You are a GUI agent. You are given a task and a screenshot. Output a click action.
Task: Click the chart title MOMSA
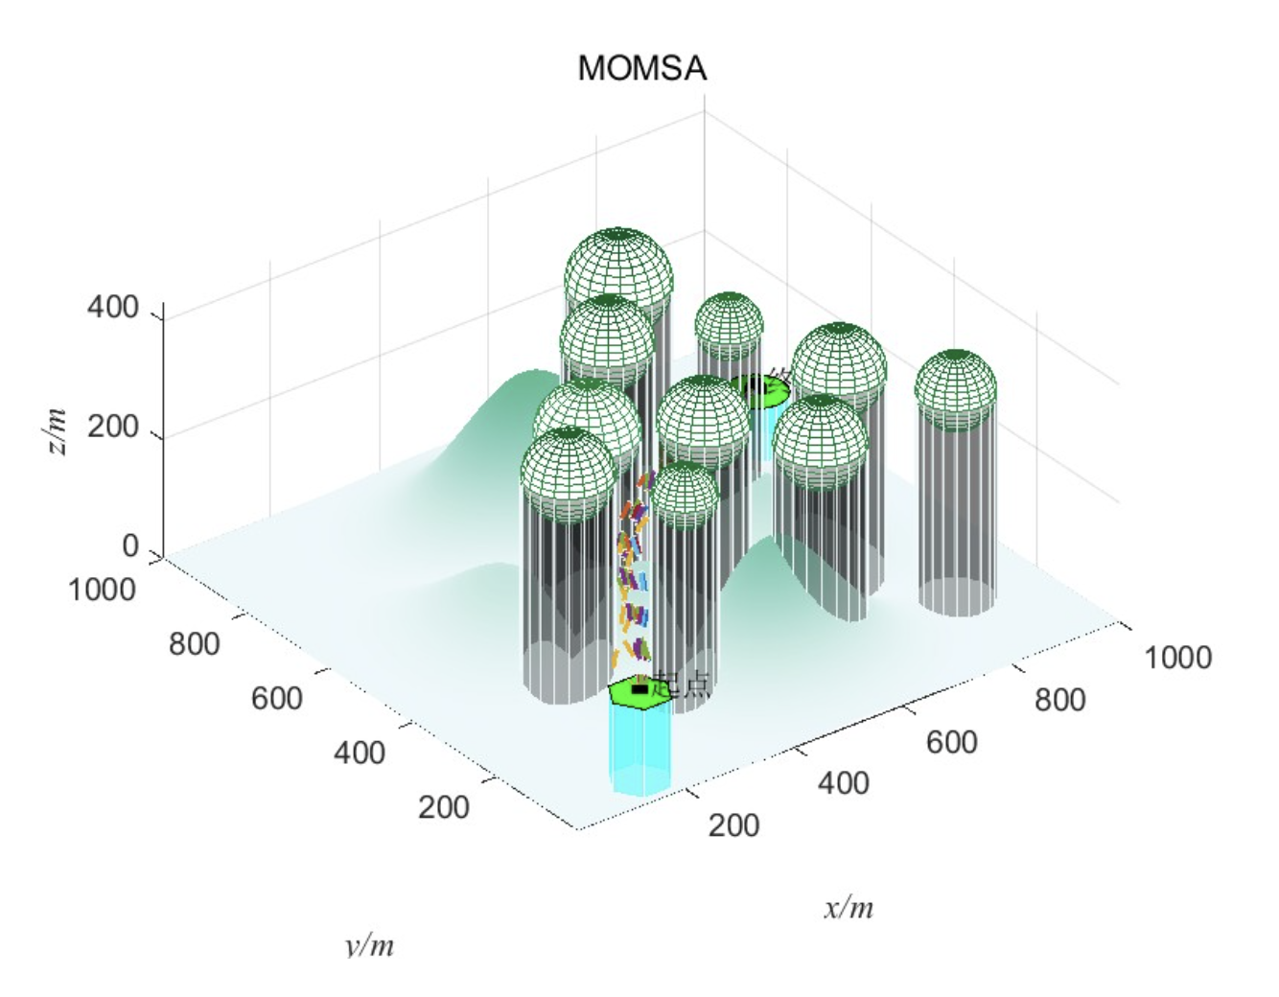pyautogui.click(x=641, y=69)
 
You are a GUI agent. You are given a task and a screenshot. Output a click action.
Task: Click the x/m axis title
pyautogui.click(x=849, y=907)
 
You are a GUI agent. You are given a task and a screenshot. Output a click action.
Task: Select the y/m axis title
pyautogui.click(x=369, y=945)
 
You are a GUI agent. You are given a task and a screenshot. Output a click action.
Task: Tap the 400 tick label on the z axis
pyautogui.click(x=113, y=309)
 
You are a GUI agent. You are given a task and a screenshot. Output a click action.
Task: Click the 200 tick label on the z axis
pyautogui.click(x=113, y=428)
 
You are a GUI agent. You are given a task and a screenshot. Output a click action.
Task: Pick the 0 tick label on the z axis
pyautogui.click(x=130, y=546)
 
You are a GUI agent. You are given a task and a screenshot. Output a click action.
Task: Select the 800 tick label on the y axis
pyautogui.click(x=195, y=644)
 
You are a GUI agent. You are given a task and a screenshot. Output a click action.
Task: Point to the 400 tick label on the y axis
pyautogui.click(x=359, y=753)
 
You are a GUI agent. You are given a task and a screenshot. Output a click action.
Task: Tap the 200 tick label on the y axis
pyautogui.click(x=444, y=807)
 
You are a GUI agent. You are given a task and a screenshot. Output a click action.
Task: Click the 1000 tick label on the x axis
pyautogui.click(x=1177, y=658)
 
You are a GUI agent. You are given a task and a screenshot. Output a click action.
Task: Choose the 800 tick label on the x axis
pyautogui.click(x=1060, y=700)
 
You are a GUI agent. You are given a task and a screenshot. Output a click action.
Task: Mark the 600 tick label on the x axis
pyautogui.click(x=952, y=742)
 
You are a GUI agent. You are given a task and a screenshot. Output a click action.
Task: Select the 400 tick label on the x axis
pyautogui.click(x=844, y=783)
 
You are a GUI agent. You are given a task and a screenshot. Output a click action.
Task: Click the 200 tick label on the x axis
pyautogui.click(x=734, y=825)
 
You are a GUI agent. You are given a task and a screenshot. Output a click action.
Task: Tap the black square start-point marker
pyautogui.click(x=639, y=688)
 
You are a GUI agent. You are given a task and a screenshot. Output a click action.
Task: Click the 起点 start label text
pyautogui.click(x=683, y=684)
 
